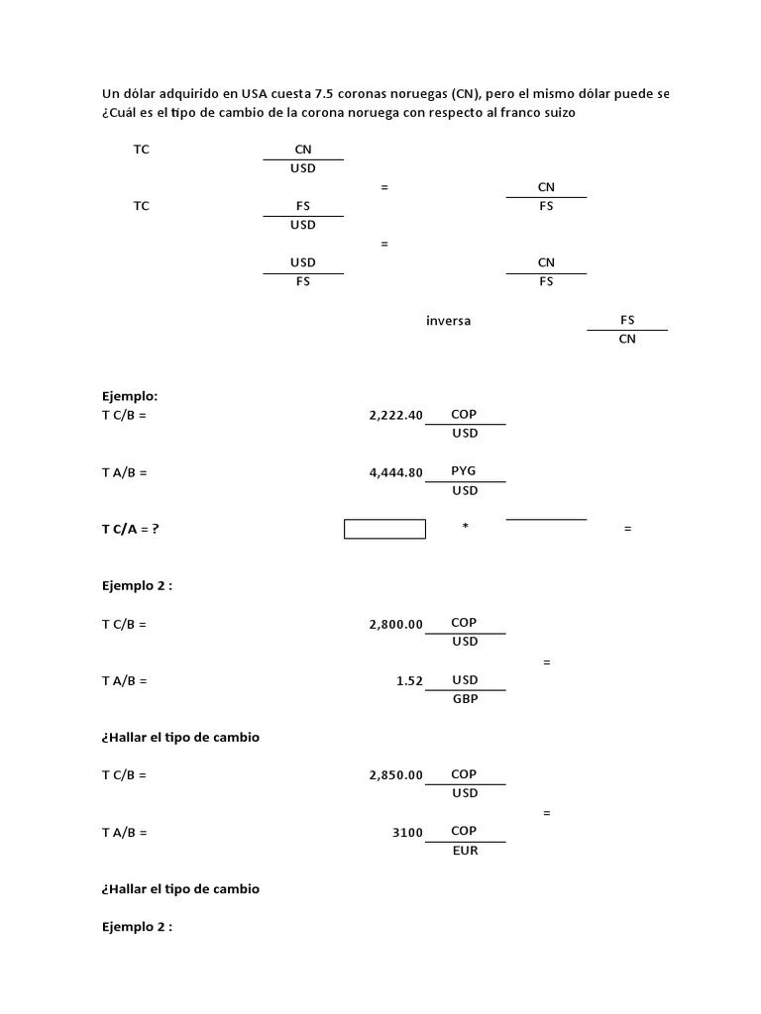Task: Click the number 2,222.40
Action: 395,416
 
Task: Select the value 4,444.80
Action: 395,473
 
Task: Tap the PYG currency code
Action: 464,471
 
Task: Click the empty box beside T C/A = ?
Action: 384,529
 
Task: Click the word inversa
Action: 449,321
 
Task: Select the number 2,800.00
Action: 395,625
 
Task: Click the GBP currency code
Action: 465,698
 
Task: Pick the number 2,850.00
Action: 395,775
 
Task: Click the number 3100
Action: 407,833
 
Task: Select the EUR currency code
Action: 465,850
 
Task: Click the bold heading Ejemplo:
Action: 129,396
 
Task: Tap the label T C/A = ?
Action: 130,529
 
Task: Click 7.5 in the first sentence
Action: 325,94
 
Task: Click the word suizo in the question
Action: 558,114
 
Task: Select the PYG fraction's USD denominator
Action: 465,490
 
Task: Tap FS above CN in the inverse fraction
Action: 627,320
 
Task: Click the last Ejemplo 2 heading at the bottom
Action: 137,927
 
